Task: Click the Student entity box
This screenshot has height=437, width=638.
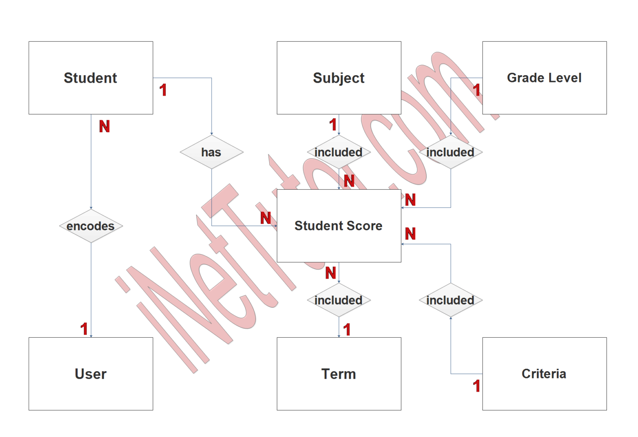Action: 91,78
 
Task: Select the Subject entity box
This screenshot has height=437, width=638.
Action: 339,78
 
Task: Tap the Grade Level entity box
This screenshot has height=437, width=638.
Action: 544,78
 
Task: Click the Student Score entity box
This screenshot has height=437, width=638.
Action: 339,226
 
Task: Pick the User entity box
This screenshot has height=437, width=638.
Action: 91,373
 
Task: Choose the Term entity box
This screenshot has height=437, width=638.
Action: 339,373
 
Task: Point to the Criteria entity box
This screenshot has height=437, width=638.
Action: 544,373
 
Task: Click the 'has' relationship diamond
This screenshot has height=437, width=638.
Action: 211,152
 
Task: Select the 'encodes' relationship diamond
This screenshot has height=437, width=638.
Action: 91,226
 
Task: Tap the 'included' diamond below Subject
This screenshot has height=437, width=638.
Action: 339,152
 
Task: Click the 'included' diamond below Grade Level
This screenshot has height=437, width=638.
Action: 451,152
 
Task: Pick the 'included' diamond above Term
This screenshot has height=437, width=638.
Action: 339,300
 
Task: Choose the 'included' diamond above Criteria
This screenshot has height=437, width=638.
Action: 451,300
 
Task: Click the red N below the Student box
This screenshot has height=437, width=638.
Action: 105,126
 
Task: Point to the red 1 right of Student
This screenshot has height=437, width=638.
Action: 163,90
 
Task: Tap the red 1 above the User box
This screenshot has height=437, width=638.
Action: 84,329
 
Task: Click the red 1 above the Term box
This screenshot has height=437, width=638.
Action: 347,330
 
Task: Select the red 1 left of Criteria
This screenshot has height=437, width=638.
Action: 477,386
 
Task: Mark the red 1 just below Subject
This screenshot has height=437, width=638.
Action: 333,125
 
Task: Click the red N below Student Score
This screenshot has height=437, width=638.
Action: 331,273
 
